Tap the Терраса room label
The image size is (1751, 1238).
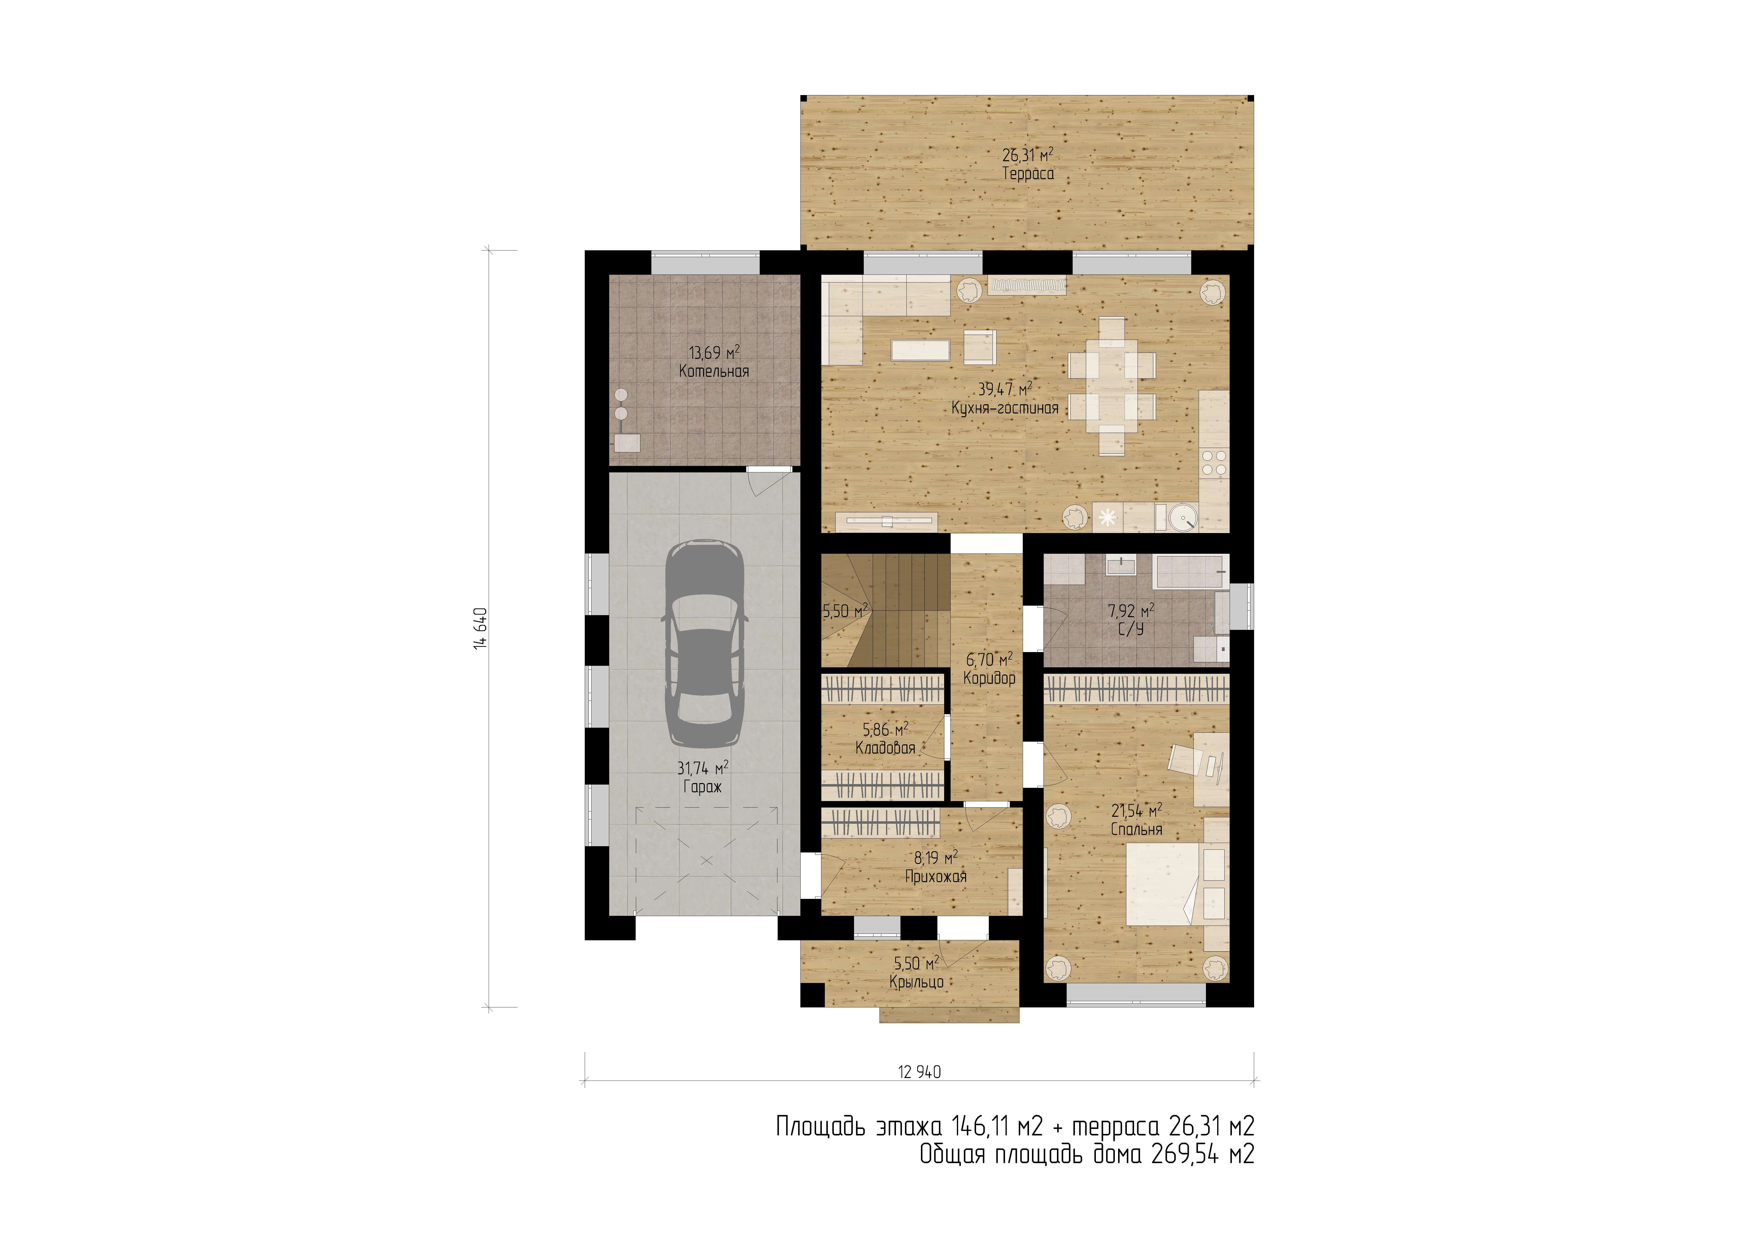1028,174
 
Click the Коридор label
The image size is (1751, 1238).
989,678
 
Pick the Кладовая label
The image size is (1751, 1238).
885,748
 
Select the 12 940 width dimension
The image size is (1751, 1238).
919,1072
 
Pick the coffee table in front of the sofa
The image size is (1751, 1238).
920,350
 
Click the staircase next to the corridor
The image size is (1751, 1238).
885,610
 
